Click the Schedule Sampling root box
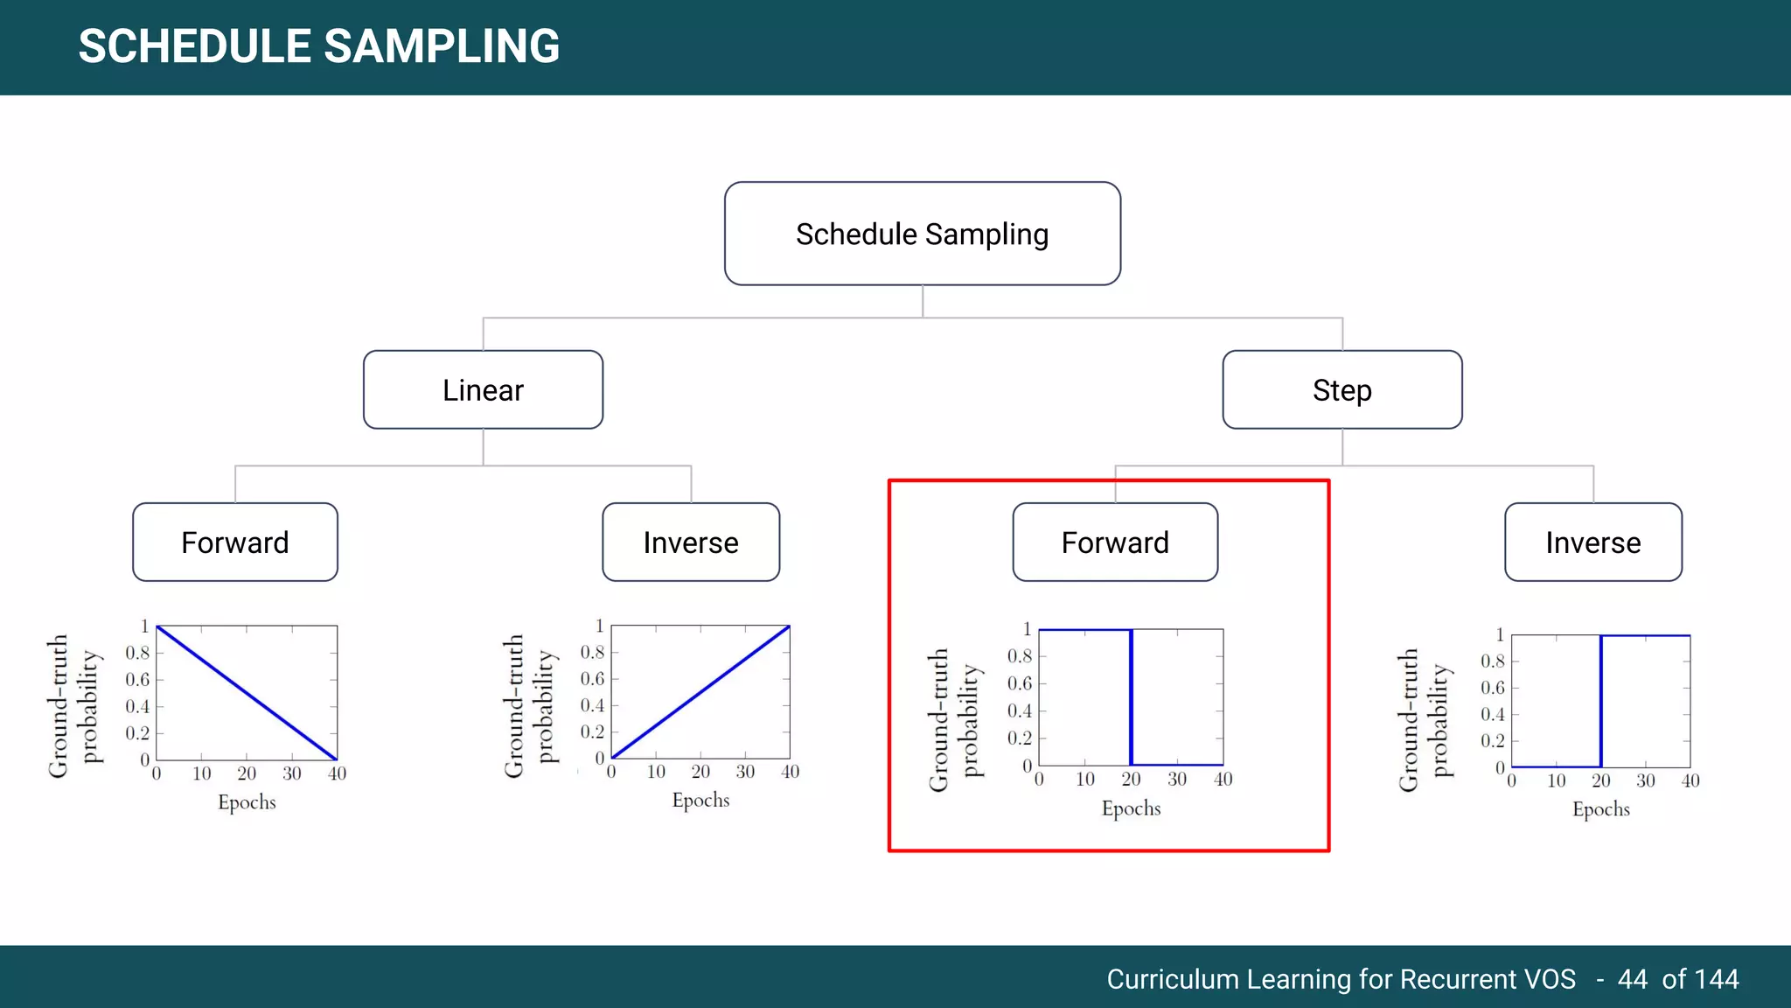(x=922, y=234)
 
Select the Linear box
(x=483, y=389)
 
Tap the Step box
(x=1342, y=389)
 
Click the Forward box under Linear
(x=234, y=542)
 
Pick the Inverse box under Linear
(x=691, y=542)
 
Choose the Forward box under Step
(x=1115, y=542)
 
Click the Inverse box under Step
(x=1592, y=542)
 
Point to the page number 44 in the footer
(x=1632, y=978)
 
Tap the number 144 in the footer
(x=1714, y=978)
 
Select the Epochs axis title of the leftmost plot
(x=247, y=802)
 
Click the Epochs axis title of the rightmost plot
(x=1600, y=809)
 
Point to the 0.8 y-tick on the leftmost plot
(x=137, y=653)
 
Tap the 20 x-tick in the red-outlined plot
(x=1131, y=779)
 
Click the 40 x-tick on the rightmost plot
(x=1690, y=780)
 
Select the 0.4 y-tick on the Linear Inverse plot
(x=592, y=705)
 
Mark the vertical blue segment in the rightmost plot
(x=1600, y=700)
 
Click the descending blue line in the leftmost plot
(x=247, y=693)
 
